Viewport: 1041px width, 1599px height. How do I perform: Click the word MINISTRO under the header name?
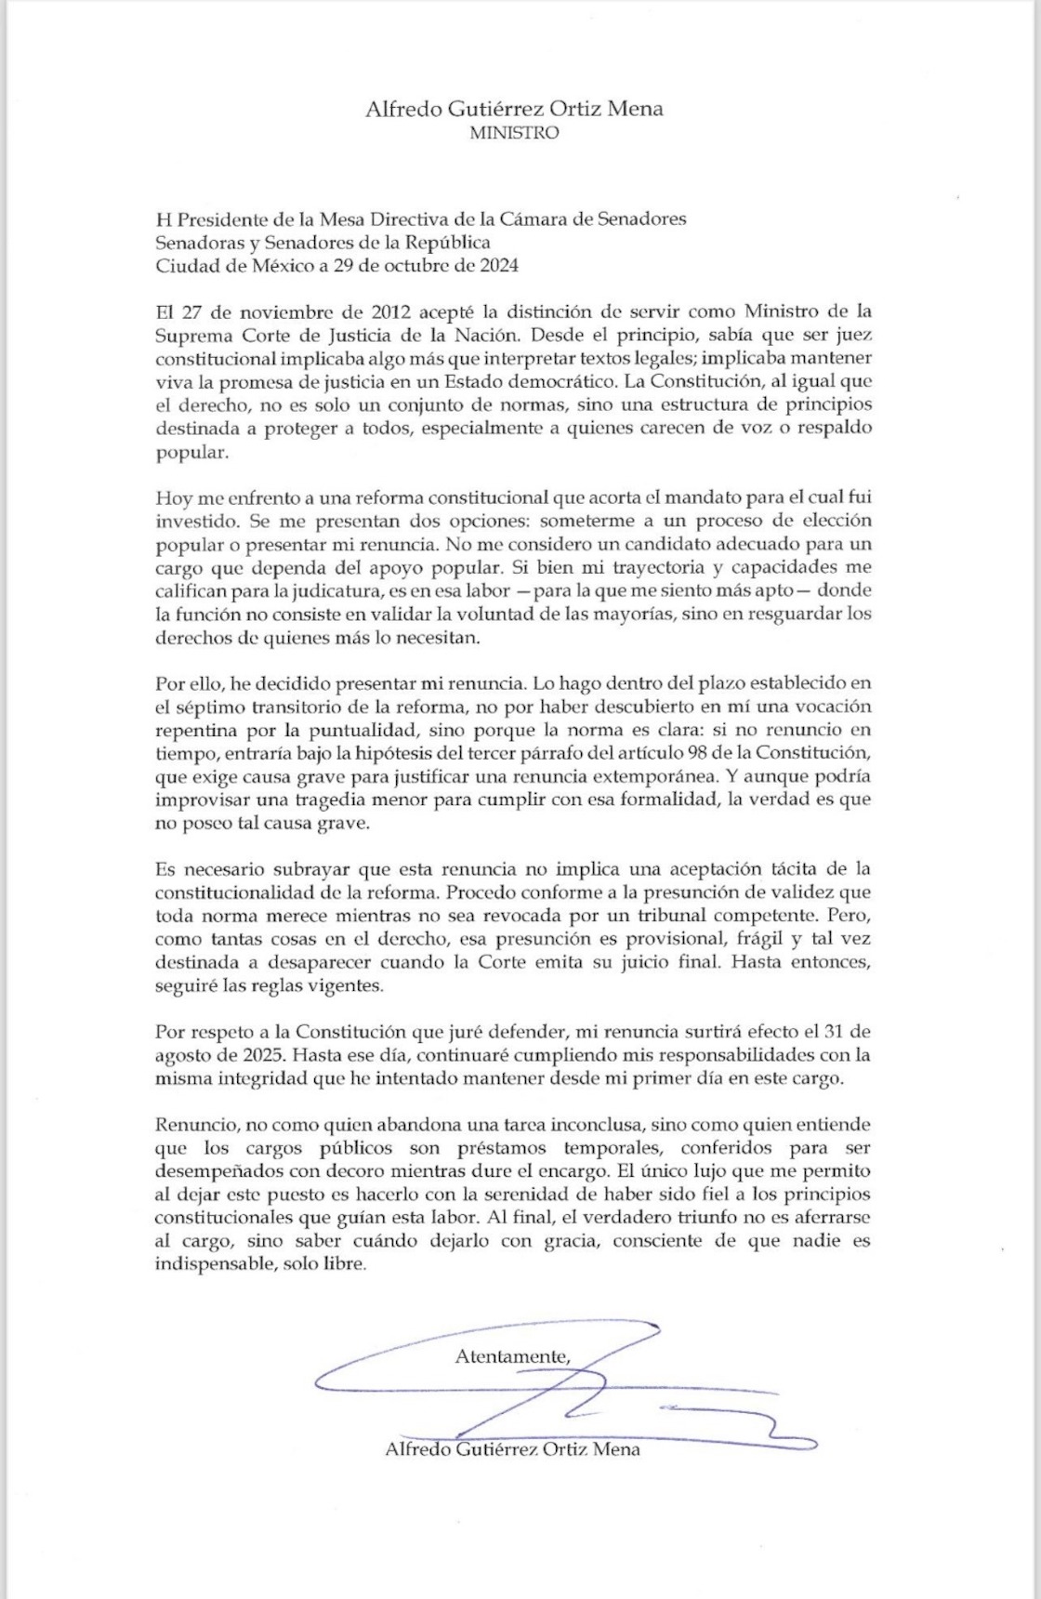tap(514, 133)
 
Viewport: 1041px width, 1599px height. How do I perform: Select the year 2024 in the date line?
tap(497, 265)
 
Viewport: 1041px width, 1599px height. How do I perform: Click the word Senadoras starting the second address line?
tap(195, 242)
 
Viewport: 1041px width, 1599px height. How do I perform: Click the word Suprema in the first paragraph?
tap(187, 334)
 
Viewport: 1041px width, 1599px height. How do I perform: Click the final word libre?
tap(343, 1264)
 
